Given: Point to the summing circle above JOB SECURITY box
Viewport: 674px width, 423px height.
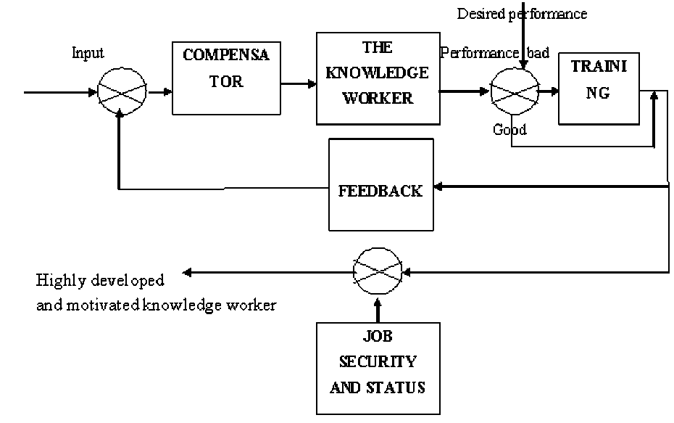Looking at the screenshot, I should click(x=377, y=272).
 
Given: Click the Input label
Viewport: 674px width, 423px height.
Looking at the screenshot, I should click(x=88, y=53).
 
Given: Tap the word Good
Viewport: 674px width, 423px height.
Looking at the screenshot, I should click(x=509, y=130).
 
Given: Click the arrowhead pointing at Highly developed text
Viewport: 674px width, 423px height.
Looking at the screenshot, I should click(x=187, y=273).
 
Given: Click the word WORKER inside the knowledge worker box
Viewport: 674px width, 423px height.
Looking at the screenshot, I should click(x=378, y=98).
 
